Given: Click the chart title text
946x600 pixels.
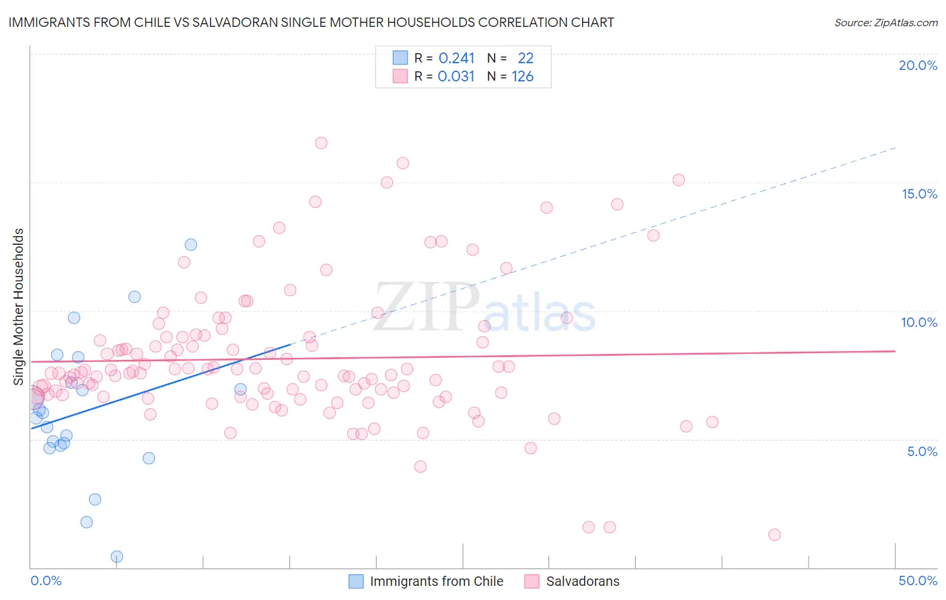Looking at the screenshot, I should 311,22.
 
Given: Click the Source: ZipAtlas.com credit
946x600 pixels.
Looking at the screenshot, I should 885,22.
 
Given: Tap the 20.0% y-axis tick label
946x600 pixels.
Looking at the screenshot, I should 918,65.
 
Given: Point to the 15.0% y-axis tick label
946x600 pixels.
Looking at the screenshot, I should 919,194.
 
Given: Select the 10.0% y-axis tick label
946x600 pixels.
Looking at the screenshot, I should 919,322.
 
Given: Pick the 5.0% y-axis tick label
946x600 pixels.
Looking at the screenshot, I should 922,451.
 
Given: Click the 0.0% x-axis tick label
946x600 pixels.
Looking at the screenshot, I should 46,580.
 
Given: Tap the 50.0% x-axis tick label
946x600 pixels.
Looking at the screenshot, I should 918,580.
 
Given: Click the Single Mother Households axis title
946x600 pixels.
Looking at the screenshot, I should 19,307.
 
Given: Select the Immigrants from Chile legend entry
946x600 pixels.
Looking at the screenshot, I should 436,581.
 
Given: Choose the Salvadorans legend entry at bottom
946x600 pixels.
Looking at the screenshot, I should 583,581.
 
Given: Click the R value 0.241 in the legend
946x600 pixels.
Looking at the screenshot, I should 456,59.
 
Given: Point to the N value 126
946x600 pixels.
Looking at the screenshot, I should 522,77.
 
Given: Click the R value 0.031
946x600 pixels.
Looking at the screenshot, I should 456,77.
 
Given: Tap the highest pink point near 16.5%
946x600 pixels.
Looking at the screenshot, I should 321,143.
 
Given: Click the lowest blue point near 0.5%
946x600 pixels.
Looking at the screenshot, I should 117,556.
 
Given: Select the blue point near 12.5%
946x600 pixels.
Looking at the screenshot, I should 191,244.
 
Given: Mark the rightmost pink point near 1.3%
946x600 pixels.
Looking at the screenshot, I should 774,535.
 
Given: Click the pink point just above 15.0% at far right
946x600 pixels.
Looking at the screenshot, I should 678,180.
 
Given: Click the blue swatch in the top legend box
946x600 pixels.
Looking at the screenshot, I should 400,58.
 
